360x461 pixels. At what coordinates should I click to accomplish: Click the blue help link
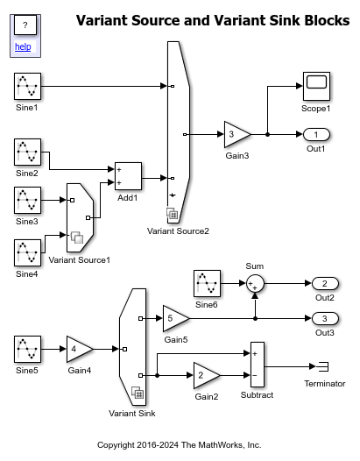click(23, 46)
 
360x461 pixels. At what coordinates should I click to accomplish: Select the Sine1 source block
click(28, 87)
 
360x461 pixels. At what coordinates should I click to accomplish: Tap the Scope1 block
click(316, 86)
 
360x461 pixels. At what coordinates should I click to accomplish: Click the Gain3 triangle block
click(237, 134)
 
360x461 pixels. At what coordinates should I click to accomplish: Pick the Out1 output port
click(316, 135)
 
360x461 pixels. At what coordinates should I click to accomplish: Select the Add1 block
click(128, 176)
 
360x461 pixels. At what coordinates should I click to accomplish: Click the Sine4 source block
click(28, 252)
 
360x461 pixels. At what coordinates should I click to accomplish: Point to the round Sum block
click(255, 284)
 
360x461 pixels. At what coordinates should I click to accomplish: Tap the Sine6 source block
click(207, 283)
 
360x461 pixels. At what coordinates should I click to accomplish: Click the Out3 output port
click(325, 318)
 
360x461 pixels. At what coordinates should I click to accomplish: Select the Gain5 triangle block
click(176, 318)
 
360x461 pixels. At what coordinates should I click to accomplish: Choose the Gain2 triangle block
click(207, 375)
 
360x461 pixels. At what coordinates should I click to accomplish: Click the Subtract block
click(258, 365)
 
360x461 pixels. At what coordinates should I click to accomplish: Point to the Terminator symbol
click(322, 366)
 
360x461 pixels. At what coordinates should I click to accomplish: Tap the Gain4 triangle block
click(80, 350)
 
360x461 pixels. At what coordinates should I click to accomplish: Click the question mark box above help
click(25, 25)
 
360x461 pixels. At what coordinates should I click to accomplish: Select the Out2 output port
click(325, 283)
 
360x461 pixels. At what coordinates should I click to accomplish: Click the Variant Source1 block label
click(80, 260)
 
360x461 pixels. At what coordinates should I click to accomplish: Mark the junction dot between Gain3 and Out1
click(267, 135)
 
